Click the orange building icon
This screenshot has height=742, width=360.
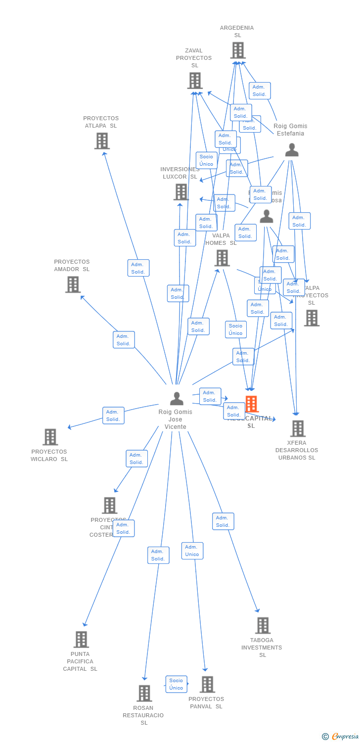coord(252,404)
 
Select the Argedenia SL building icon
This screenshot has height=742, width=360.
coord(238,50)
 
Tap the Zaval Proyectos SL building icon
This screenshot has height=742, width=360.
coord(195,81)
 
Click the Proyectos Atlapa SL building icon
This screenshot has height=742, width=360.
coord(102,141)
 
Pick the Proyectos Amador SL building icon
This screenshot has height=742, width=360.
coord(73,284)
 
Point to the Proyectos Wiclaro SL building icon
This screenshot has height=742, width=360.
coord(50,437)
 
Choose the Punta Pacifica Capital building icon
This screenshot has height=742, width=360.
coord(81,640)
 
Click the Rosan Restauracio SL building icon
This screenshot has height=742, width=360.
coord(144,694)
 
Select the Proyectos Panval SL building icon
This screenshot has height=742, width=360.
coord(207,685)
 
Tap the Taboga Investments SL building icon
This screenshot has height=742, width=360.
coord(263,626)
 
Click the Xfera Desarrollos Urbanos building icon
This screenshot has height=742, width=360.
coord(298,428)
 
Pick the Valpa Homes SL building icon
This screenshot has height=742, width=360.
coord(222,258)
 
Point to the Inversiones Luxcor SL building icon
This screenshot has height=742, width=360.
coord(181,192)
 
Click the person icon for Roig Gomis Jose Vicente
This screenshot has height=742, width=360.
coord(177,398)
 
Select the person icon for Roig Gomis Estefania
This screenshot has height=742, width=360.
coord(292,150)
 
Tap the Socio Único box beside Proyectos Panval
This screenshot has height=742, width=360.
coord(176,684)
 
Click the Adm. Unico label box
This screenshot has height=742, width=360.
coord(192,551)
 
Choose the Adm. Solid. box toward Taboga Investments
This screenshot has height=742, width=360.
coord(223,521)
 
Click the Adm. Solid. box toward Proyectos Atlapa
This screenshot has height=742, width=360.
coord(138,268)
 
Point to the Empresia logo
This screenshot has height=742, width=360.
coord(341,737)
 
